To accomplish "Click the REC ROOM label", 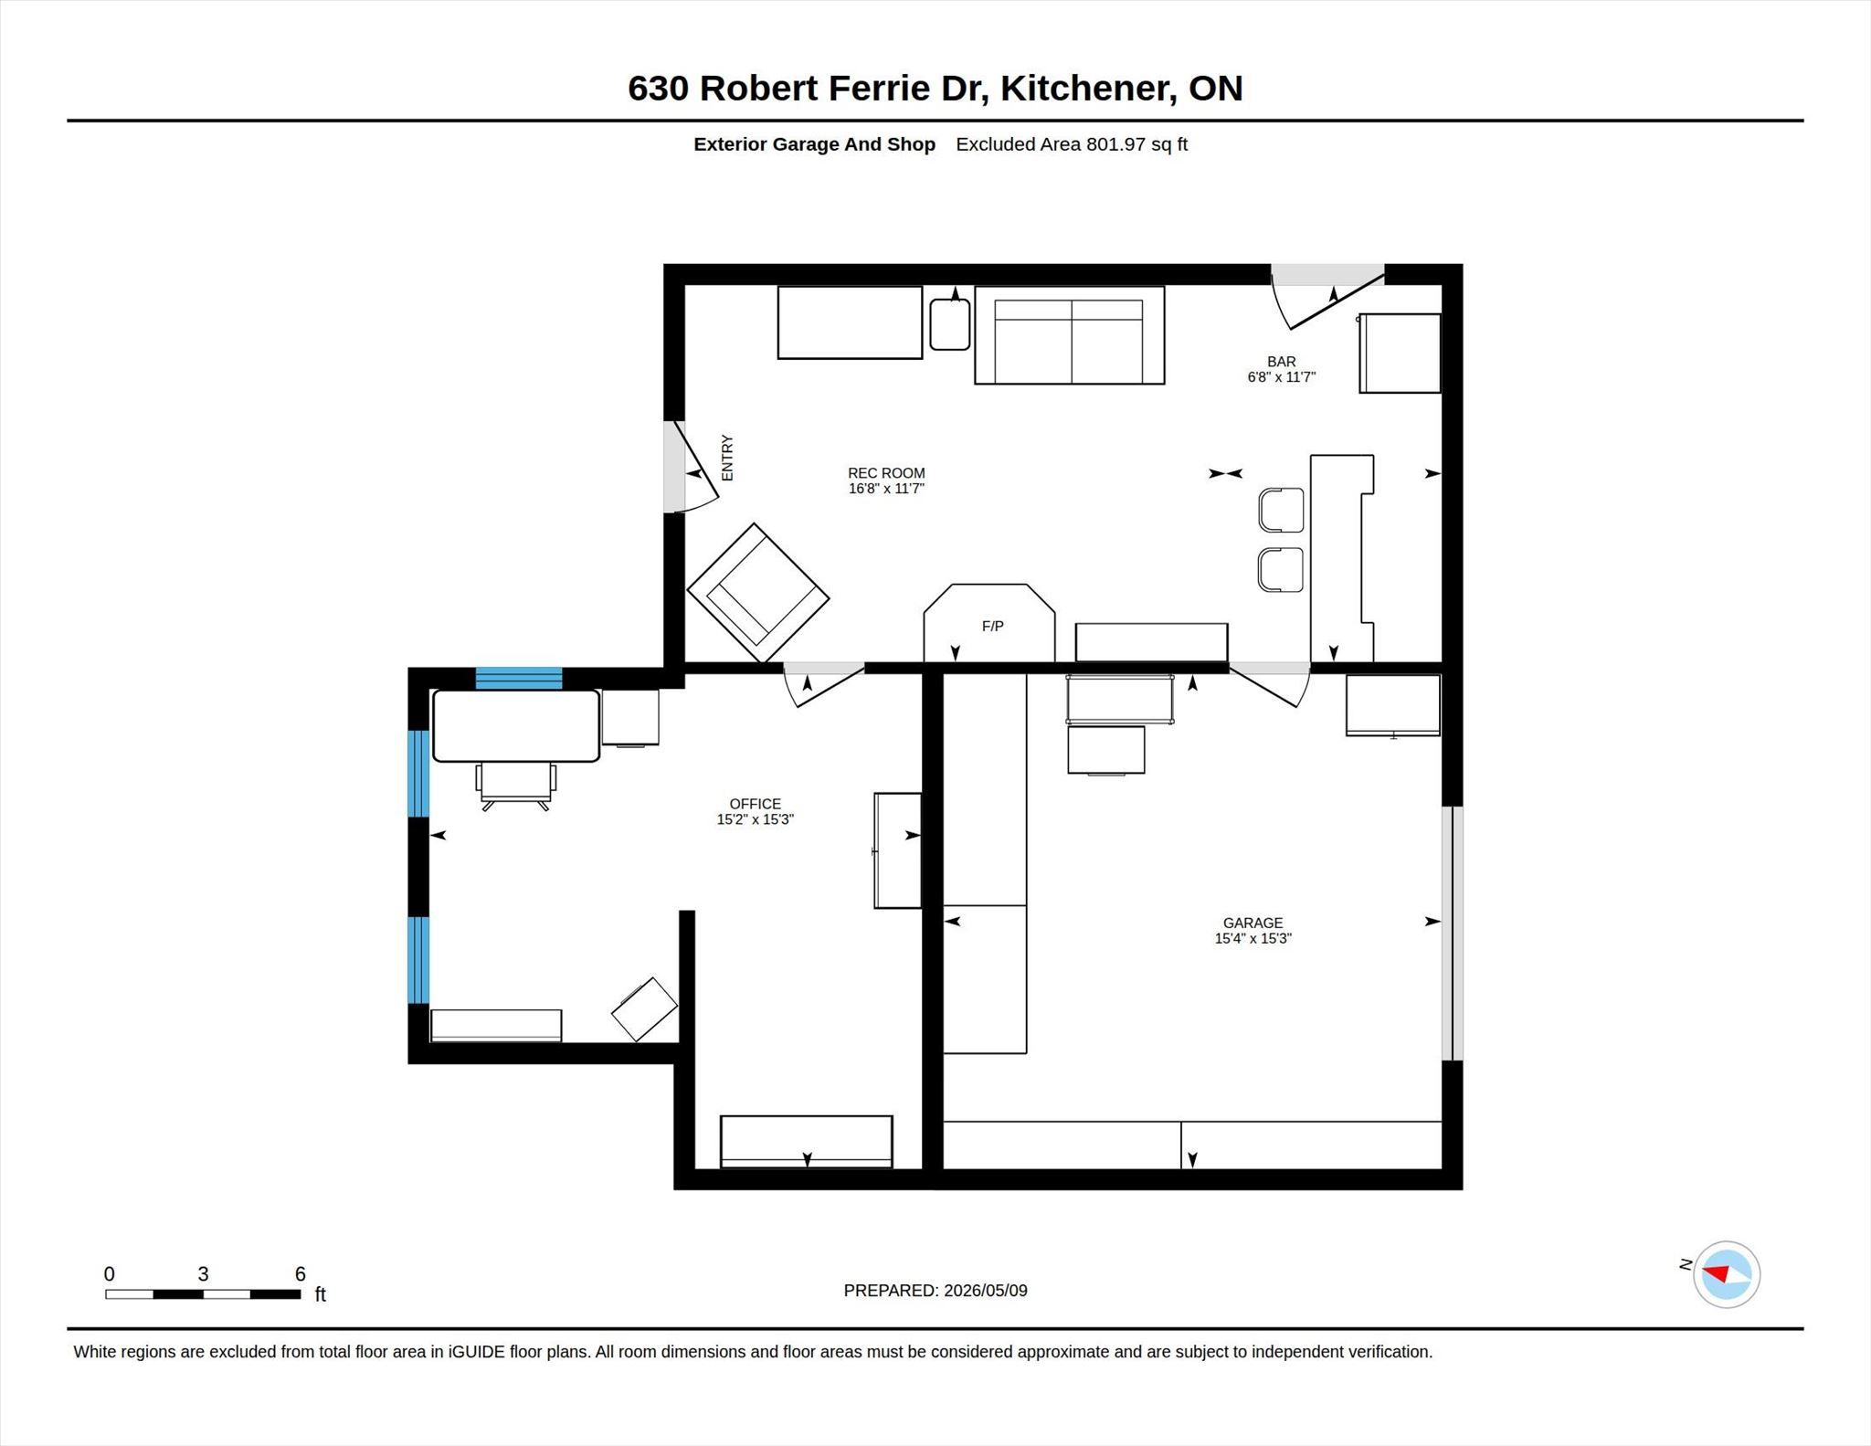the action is click(886, 473).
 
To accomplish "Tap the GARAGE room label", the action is click(1253, 923).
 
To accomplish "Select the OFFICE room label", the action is click(755, 804).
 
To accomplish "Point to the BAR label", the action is click(1281, 362).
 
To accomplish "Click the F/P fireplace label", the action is click(992, 626).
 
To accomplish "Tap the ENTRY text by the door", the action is click(727, 458).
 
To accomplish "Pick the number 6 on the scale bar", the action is click(300, 1273).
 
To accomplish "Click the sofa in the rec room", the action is click(1069, 335).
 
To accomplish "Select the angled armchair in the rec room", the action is click(758, 592).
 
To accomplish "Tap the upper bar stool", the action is click(1281, 510).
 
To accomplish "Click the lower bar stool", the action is click(1281, 569).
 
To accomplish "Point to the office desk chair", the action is click(515, 786).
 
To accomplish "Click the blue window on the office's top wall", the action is click(519, 679).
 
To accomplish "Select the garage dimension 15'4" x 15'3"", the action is click(1253, 938).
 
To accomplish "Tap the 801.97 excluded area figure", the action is click(1115, 144).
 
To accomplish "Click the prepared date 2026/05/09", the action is click(985, 1291).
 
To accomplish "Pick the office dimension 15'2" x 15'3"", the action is click(755, 819).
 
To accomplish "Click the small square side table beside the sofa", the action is click(950, 324).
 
